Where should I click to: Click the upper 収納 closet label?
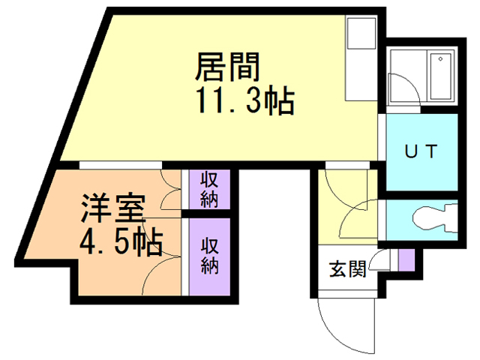tap(209, 190)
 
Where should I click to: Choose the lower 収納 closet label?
tap(209, 256)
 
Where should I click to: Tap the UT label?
tap(421, 151)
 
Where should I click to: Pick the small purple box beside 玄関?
tap(405, 259)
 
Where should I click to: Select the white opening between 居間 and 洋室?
tap(120, 163)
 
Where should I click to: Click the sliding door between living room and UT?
tap(382, 150)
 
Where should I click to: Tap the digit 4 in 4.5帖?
tap(88, 241)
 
